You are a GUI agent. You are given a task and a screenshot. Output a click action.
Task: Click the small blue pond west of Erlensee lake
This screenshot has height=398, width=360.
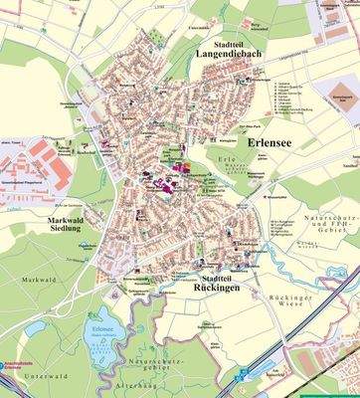pos(36,327)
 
